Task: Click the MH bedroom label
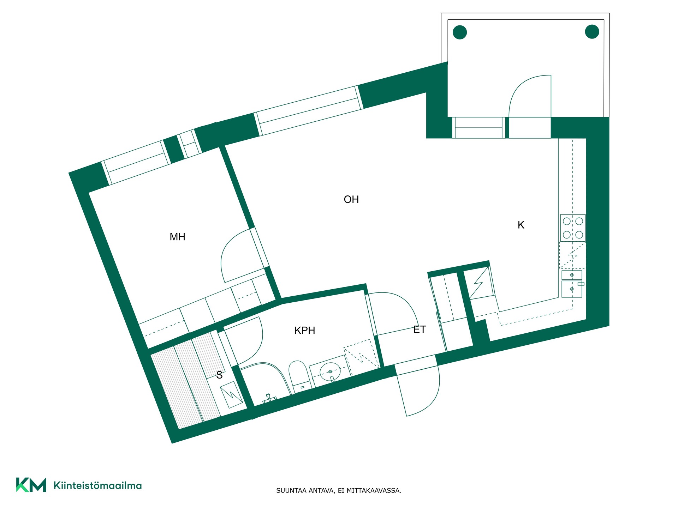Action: pyautogui.click(x=177, y=237)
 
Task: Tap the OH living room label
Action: pyautogui.click(x=351, y=199)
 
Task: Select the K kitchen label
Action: pyautogui.click(x=521, y=225)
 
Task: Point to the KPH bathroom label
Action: pyautogui.click(x=305, y=330)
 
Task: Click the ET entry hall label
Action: pyautogui.click(x=420, y=329)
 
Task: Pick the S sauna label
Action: pyautogui.click(x=219, y=375)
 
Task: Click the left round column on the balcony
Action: pyautogui.click(x=460, y=32)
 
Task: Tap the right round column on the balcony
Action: pyautogui.click(x=592, y=32)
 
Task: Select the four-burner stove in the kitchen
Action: pyautogui.click(x=573, y=228)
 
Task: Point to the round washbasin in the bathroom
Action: pyautogui.click(x=330, y=371)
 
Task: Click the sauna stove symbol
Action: pyautogui.click(x=231, y=395)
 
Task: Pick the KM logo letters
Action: pyautogui.click(x=31, y=485)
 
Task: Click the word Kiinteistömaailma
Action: pyautogui.click(x=97, y=485)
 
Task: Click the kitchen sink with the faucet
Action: pyautogui.click(x=572, y=289)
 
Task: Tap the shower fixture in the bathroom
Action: pyautogui.click(x=269, y=399)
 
